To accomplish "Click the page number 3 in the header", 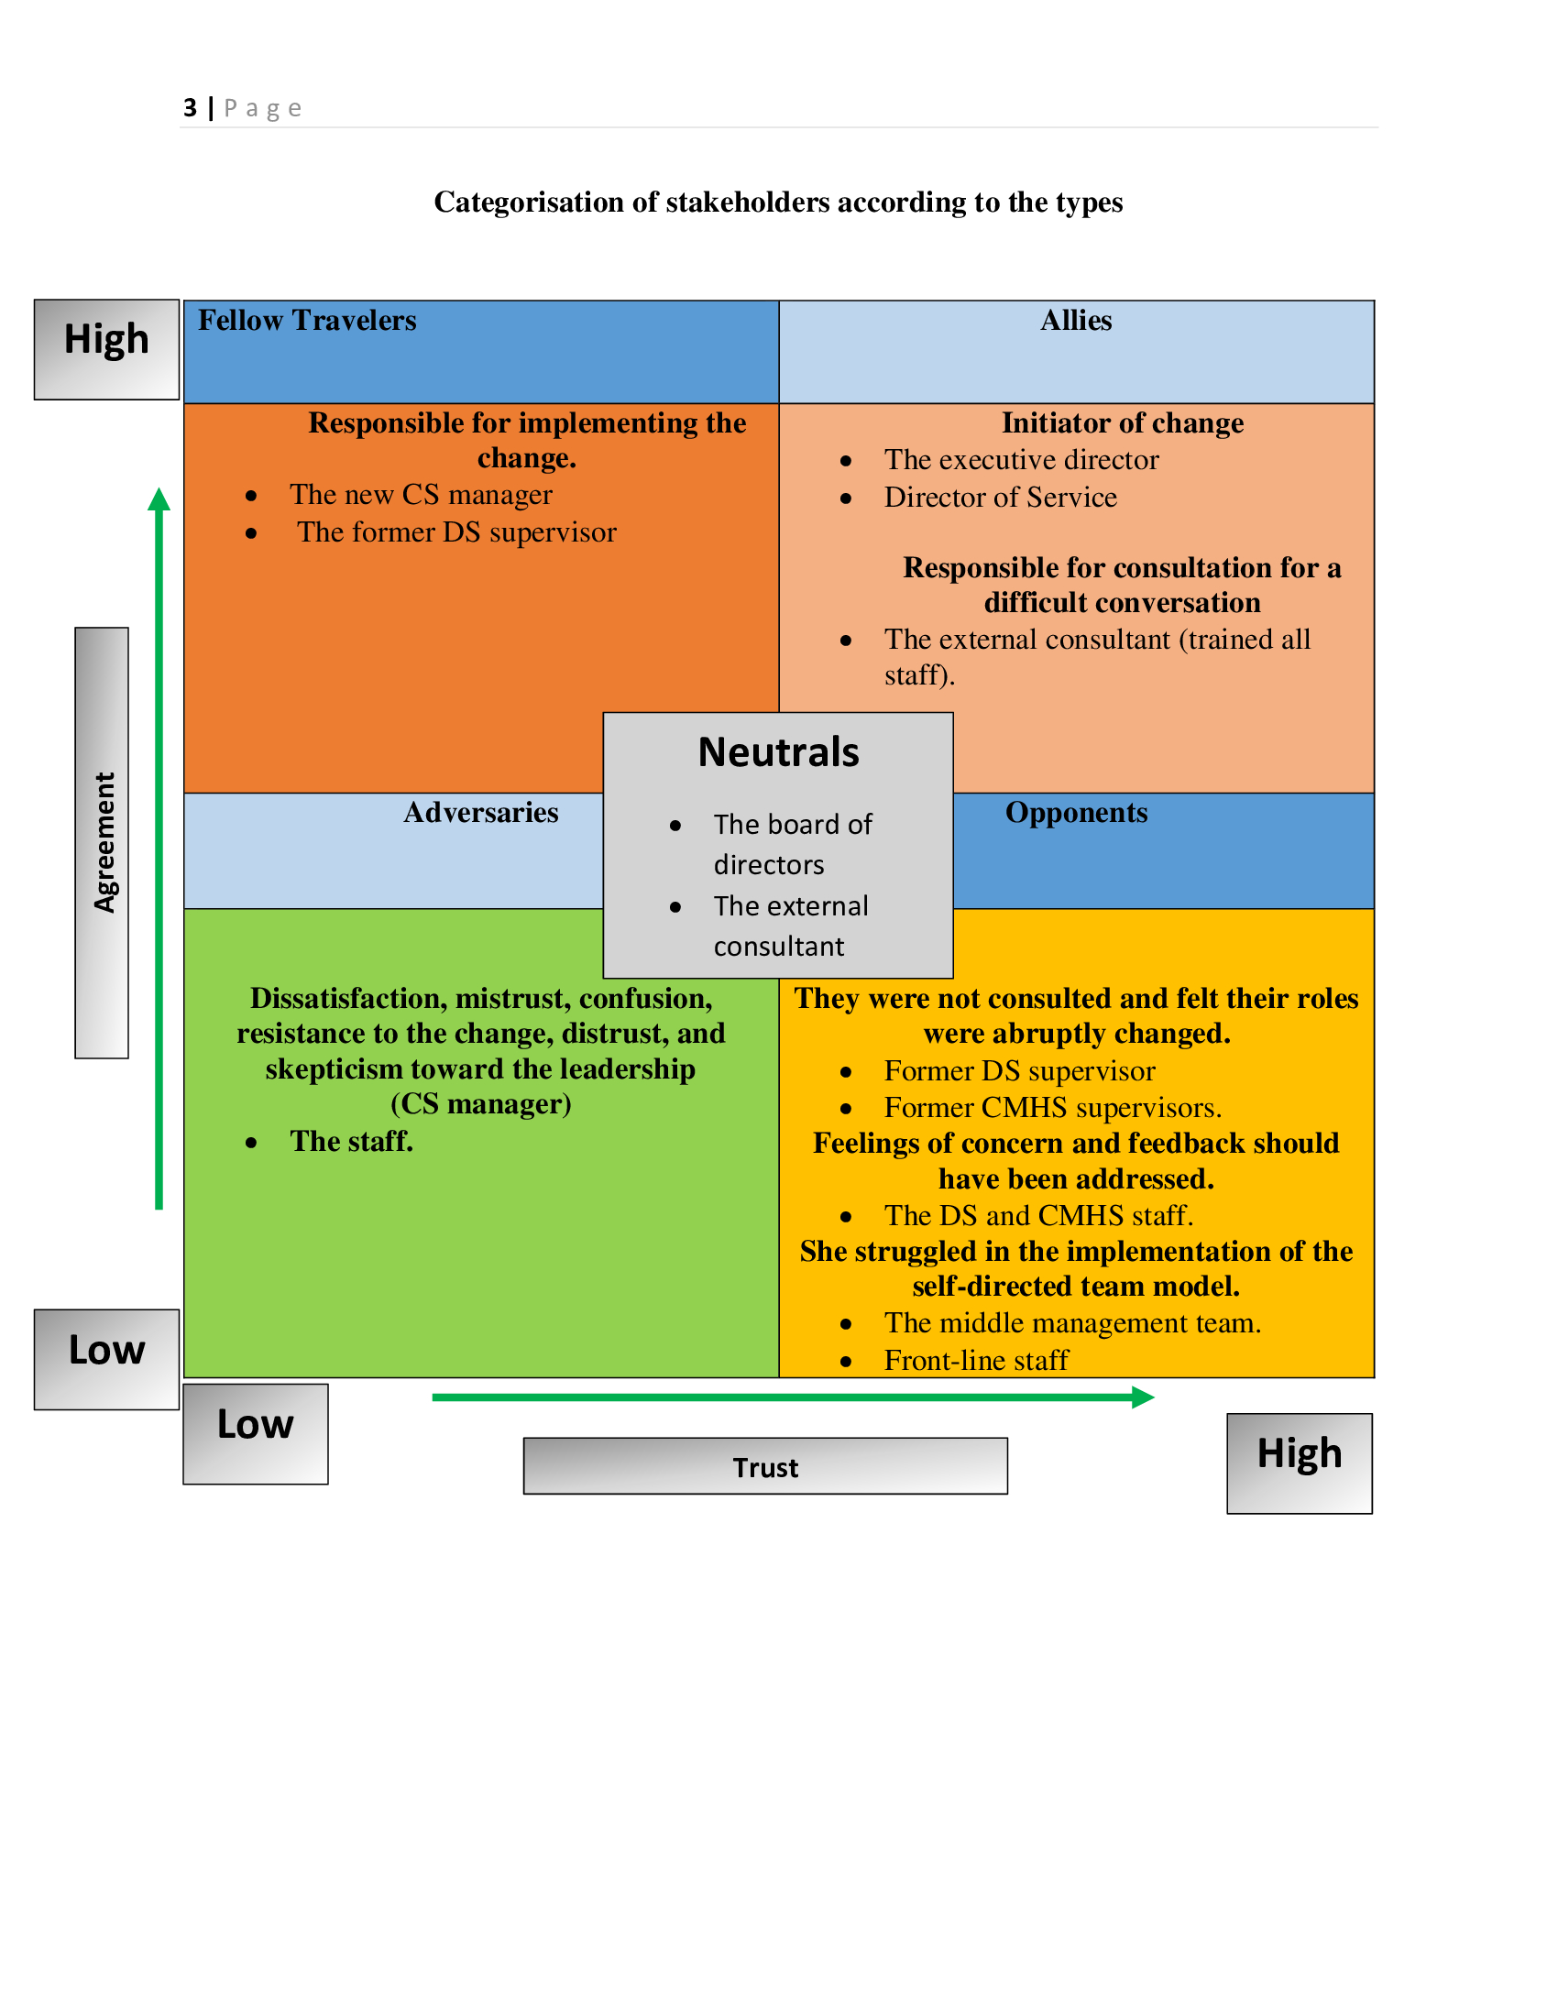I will coord(190,108).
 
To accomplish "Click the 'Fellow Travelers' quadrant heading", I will coord(306,321).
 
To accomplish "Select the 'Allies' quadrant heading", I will coord(1075,321).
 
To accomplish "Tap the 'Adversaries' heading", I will coord(480,812).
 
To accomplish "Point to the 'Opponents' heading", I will coord(1075,812).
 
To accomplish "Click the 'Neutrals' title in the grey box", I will coord(778,752).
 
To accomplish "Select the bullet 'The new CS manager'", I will coord(421,495).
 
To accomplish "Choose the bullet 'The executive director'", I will coord(1021,460).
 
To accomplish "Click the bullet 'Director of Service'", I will coord(1000,498).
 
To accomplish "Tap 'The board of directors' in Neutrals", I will coord(792,844).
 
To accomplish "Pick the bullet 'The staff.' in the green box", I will coord(351,1142).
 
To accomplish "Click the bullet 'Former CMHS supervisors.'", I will coord(1052,1108).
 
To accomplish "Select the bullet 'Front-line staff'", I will coord(976,1361).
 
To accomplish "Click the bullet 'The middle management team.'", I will coord(1071,1324).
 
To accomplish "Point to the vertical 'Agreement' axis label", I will coord(103,843).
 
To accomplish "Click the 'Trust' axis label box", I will coord(765,1467).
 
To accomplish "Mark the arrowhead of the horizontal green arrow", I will coord(1144,1397).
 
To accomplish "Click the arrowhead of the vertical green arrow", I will coord(159,499).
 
